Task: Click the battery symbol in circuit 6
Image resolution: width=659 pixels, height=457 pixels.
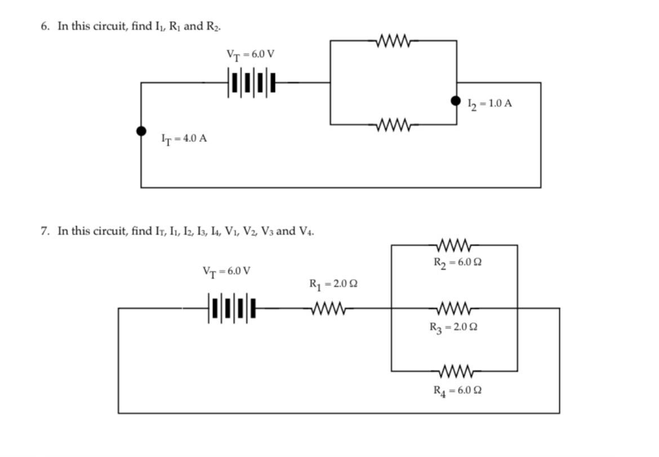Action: point(252,82)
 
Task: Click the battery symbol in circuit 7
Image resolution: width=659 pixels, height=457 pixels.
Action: point(231,308)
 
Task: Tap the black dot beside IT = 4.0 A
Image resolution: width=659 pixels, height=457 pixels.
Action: point(141,131)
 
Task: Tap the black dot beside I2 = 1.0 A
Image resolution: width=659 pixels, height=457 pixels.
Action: point(456,101)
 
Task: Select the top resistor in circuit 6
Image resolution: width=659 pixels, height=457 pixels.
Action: point(394,41)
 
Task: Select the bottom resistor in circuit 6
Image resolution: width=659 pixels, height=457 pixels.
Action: point(394,124)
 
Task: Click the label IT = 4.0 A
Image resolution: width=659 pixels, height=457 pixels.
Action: point(184,139)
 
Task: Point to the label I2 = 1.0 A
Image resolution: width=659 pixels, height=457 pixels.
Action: point(489,104)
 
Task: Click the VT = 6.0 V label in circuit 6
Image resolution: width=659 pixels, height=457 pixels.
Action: point(250,55)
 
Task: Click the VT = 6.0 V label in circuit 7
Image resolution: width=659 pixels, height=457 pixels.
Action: point(226,272)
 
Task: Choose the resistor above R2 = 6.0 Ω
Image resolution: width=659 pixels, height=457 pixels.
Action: point(454,245)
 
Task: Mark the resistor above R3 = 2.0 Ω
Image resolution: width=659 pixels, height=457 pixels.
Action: point(454,308)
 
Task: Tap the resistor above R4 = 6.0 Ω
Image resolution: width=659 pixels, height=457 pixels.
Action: point(454,371)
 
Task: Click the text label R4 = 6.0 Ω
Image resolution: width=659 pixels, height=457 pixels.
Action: point(457,391)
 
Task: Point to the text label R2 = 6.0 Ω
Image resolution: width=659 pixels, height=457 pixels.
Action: point(457,263)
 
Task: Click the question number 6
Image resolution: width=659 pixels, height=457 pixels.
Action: point(44,26)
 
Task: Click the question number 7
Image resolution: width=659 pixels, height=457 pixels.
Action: point(44,231)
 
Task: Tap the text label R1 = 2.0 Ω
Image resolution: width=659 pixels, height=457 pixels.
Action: point(333,284)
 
